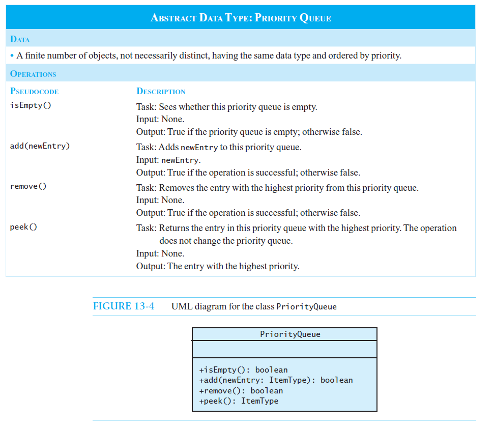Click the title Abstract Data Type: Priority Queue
241,18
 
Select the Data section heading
20,39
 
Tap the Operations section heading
33,74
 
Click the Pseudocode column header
34,91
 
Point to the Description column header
161,91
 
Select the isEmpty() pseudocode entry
31,105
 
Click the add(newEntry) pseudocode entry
40,146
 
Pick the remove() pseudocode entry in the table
28,186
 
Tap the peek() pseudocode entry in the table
23,227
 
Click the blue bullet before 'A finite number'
12,56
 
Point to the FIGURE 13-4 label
124,306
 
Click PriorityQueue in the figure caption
306,306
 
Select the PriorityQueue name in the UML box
290,334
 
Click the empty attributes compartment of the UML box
284,349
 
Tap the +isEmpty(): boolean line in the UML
243,369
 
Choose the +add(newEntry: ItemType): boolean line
276,380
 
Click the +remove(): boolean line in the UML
241,391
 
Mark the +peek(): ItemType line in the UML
239,401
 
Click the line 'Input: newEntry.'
168,160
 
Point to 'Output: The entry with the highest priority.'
218,266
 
